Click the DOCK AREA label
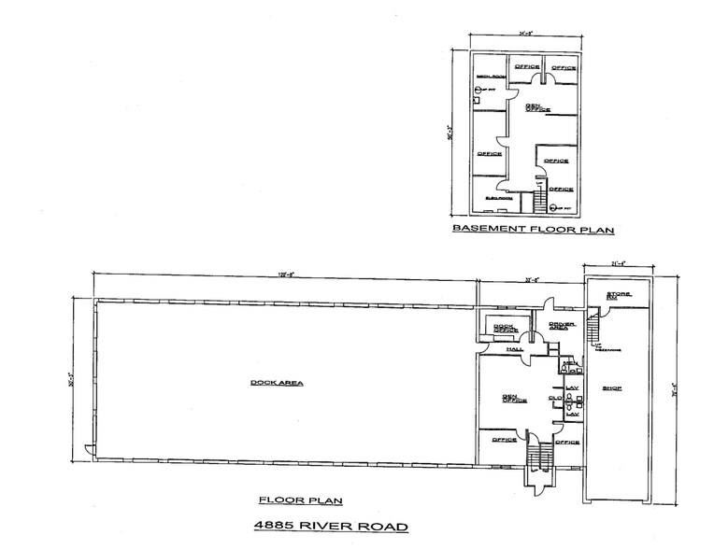266,382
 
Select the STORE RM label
620,297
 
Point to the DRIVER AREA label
559,324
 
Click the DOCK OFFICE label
506,327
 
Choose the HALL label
513,348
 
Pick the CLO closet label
554,399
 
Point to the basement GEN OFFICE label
535,108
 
